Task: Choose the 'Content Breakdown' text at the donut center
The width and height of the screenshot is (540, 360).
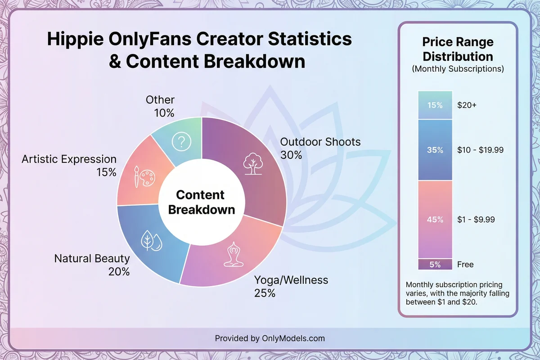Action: [200, 202]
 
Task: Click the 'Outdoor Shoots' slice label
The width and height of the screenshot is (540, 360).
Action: [320, 142]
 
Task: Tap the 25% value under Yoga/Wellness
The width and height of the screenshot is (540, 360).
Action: [264, 293]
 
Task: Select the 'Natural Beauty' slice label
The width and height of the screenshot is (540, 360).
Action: [92, 259]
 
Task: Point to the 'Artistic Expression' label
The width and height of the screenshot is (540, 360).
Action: [69, 159]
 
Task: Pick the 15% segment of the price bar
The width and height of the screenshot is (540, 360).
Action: [435, 105]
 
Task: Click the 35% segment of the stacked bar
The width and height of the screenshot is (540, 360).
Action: [435, 150]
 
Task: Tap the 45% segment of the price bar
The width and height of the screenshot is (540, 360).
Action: [435, 220]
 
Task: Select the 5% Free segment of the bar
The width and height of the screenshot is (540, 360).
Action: [435, 264]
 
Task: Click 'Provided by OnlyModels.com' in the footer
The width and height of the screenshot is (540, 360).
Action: [270, 338]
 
